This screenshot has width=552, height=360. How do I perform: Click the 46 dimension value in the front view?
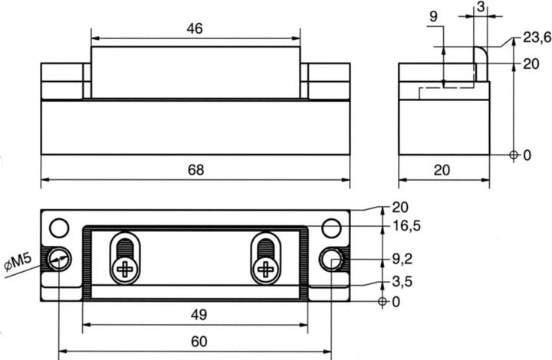coord(195,28)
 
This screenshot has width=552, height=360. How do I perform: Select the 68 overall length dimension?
coord(196,170)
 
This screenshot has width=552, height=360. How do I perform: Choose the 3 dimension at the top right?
coord(479,6)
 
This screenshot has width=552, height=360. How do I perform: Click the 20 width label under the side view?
coord(442,170)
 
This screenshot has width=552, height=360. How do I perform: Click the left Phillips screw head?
coord(122,268)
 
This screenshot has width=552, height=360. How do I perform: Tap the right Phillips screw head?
coord(265,268)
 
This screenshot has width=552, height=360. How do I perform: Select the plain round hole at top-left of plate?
coord(59,227)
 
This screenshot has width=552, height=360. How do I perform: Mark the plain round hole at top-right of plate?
coord(331,227)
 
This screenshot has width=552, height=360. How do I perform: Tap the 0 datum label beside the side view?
coord(527,155)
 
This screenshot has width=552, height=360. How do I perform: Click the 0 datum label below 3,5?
coord(396,302)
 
